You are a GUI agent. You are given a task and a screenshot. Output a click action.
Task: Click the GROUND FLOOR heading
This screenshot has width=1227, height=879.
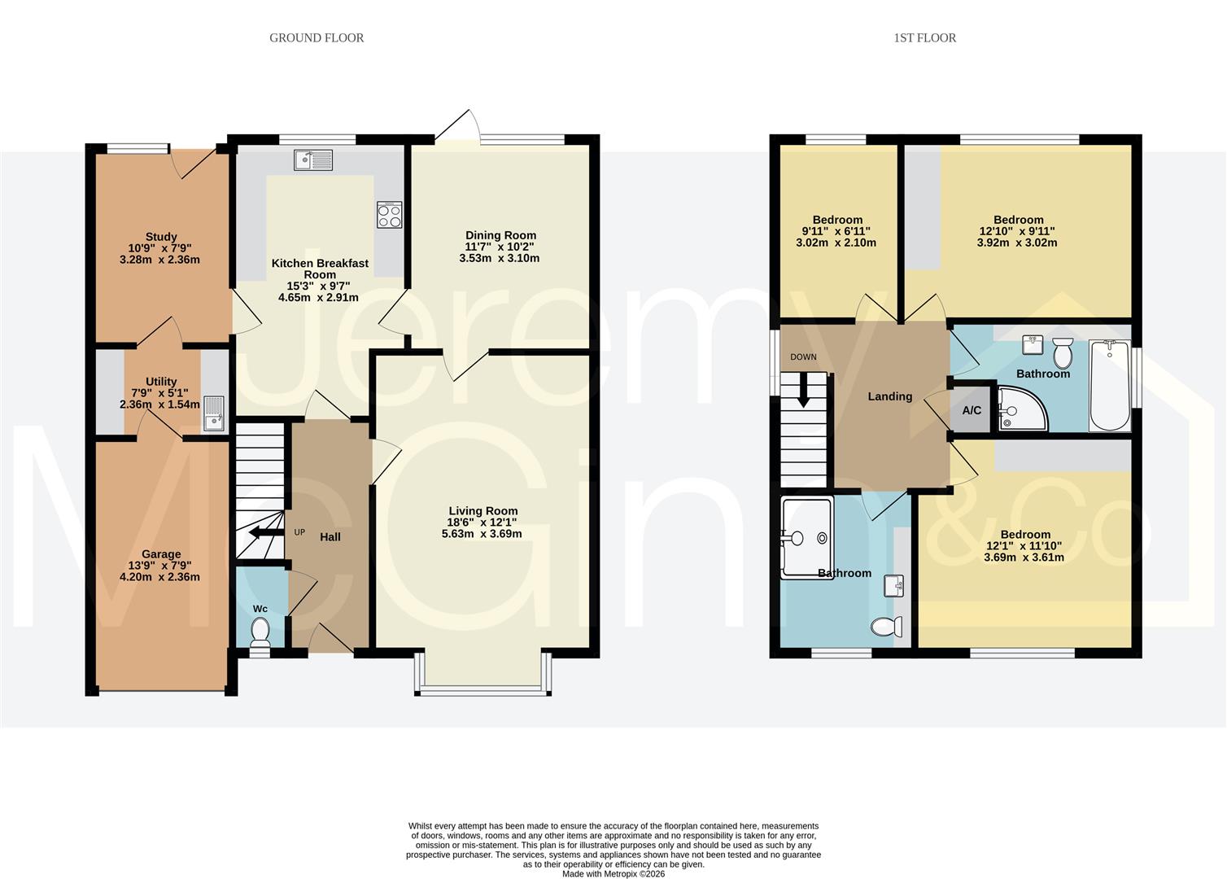pyautogui.click(x=317, y=37)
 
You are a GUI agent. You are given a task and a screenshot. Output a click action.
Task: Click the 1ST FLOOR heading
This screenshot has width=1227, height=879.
pyautogui.click(x=924, y=37)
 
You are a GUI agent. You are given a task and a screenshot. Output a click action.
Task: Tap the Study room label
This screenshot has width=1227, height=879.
pyautogui.click(x=161, y=237)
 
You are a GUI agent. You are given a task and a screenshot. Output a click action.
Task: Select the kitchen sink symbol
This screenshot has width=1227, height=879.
pyautogui.click(x=313, y=160)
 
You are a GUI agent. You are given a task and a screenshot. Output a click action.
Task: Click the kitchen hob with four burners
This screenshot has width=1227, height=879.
pyautogui.click(x=390, y=215)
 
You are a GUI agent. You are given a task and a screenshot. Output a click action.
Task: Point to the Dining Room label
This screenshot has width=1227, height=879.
pyautogui.click(x=500, y=235)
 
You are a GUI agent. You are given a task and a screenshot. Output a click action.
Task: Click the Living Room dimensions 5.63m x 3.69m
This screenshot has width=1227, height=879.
pyautogui.click(x=483, y=534)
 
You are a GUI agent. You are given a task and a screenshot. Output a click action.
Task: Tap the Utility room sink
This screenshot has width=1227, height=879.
pyautogui.click(x=214, y=413)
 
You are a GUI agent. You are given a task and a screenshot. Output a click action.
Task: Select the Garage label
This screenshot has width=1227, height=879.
pyautogui.click(x=160, y=554)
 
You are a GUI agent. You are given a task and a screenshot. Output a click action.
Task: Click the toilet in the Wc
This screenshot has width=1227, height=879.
pyautogui.click(x=260, y=632)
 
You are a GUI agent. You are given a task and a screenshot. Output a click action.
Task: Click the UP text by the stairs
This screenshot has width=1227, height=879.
pyautogui.click(x=299, y=532)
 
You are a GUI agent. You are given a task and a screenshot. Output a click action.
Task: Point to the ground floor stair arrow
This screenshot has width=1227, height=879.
pyautogui.click(x=261, y=533)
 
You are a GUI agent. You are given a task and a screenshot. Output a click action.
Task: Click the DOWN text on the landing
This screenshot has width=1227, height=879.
pyautogui.click(x=803, y=357)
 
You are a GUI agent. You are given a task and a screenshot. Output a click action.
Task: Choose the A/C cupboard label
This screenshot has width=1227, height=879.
pyautogui.click(x=972, y=410)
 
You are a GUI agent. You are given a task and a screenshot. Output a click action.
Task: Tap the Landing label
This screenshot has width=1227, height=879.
pyautogui.click(x=889, y=396)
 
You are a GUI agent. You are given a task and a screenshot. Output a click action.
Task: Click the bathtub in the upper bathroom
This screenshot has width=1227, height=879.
pyautogui.click(x=1110, y=386)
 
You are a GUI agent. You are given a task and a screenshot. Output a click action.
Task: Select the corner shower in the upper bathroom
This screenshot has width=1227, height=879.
pyautogui.click(x=1020, y=410)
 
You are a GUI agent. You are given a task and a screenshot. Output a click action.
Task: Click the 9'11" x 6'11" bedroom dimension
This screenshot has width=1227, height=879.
pyautogui.click(x=837, y=231)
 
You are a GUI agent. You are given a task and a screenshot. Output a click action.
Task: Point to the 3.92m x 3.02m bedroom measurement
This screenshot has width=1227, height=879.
pyautogui.click(x=1018, y=243)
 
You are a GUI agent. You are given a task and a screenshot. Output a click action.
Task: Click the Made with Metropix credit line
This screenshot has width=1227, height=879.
pyautogui.click(x=613, y=874)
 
